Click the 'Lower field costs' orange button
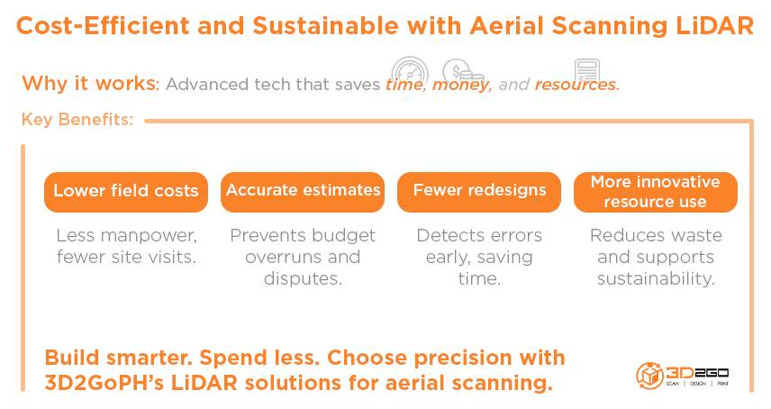tap(125, 191)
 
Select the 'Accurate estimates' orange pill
tap(303, 191)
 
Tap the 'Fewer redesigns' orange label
tap(479, 191)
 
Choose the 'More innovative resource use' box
tap(655, 191)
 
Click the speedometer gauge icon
tap(409, 73)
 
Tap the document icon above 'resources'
tap(587, 72)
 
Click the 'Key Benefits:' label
tap(77, 120)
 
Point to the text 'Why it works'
tap(88, 84)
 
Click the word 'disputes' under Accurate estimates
tap(303, 278)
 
